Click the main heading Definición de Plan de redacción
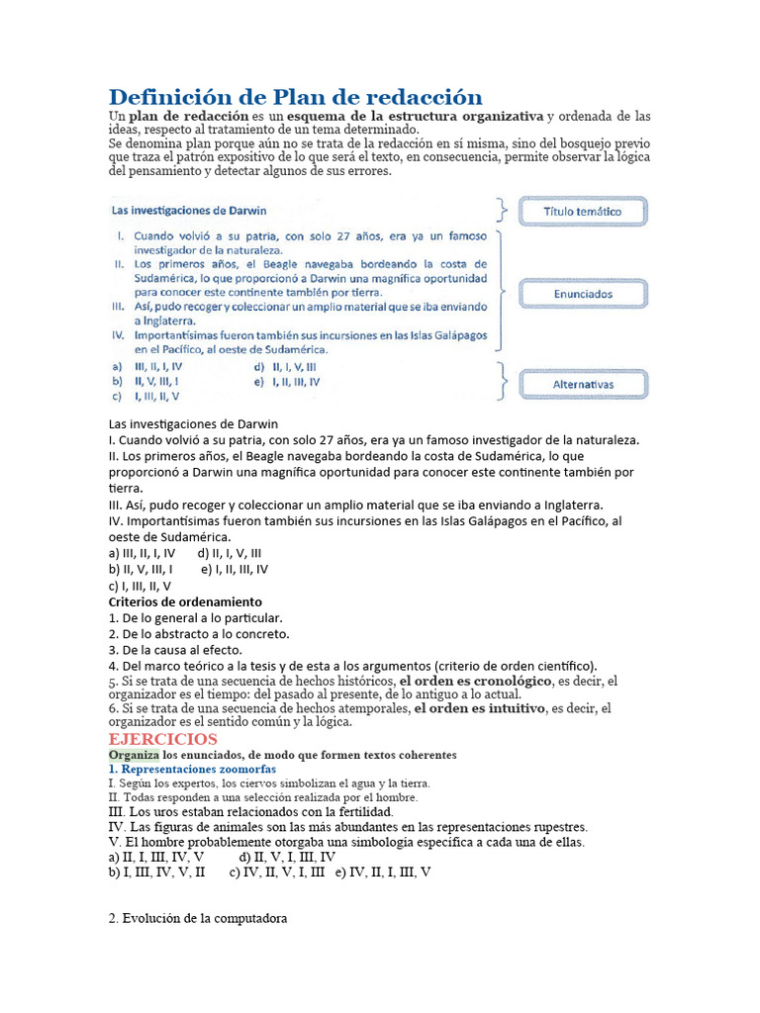click(x=295, y=97)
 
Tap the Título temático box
click(x=582, y=212)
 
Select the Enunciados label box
click(x=582, y=294)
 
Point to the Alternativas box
click(x=582, y=385)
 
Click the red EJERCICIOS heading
click(x=162, y=739)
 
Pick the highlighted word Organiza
click(x=133, y=755)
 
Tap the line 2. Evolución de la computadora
click(x=198, y=918)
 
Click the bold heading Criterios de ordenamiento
click(x=185, y=601)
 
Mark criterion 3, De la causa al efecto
click(x=176, y=650)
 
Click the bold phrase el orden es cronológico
click(x=475, y=682)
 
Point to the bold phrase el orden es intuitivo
click(x=479, y=708)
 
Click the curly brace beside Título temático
click(x=504, y=212)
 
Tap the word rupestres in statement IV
click(x=559, y=826)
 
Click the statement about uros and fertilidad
click(x=250, y=811)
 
